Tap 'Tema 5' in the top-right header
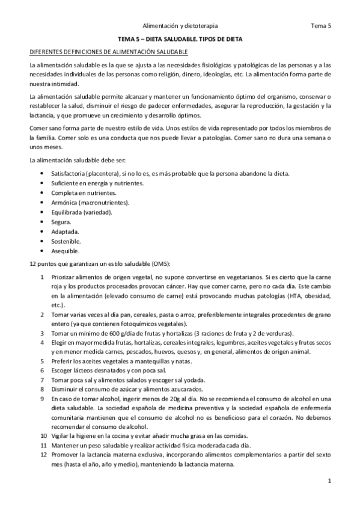321,26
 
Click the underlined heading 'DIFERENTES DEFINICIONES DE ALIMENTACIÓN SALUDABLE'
99,52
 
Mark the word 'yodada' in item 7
194,379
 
